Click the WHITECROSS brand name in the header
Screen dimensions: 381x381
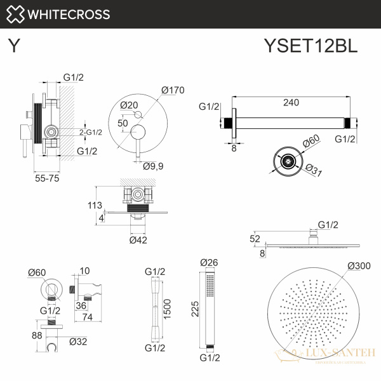pos(68,14)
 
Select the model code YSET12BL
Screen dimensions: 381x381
pos(311,46)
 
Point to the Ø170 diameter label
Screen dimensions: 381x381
pos(172,90)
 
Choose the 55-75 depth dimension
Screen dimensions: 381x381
pos(48,179)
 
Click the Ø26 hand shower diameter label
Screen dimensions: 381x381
pos(209,262)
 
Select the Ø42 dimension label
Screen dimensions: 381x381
pos(139,240)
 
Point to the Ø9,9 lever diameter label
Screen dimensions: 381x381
pos(154,166)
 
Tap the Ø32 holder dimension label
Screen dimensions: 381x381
pos(79,341)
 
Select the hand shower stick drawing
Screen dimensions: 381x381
pos(209,310)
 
